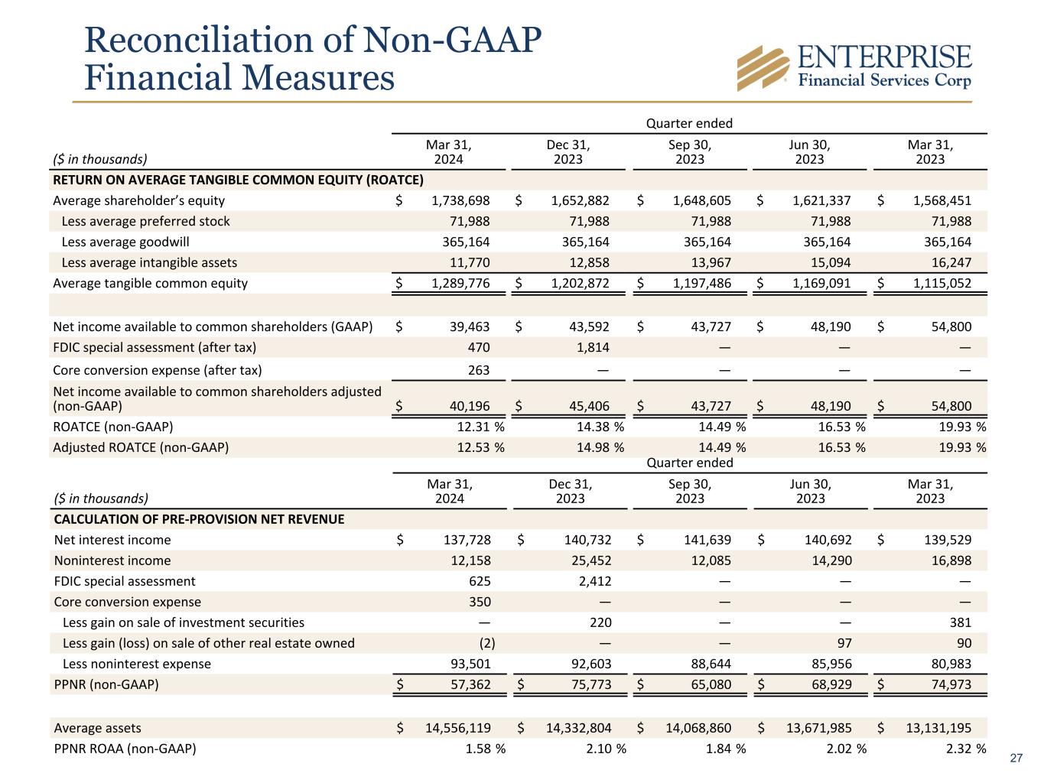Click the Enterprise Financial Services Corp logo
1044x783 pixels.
(854, 67)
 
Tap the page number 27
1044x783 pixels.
(1016, 759)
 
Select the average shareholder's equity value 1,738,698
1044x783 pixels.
(455, 200)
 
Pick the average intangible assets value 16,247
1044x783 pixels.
(951, 262)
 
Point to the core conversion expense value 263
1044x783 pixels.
(478, 370)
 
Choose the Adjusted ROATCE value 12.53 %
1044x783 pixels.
(480, 447)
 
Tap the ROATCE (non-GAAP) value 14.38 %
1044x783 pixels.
(600, 427)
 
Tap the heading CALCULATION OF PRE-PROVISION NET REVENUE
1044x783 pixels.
(199, 519)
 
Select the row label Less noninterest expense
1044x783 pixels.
(137, 664)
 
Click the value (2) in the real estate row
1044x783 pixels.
(482, 643)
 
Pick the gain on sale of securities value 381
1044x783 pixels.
(960, 622)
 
